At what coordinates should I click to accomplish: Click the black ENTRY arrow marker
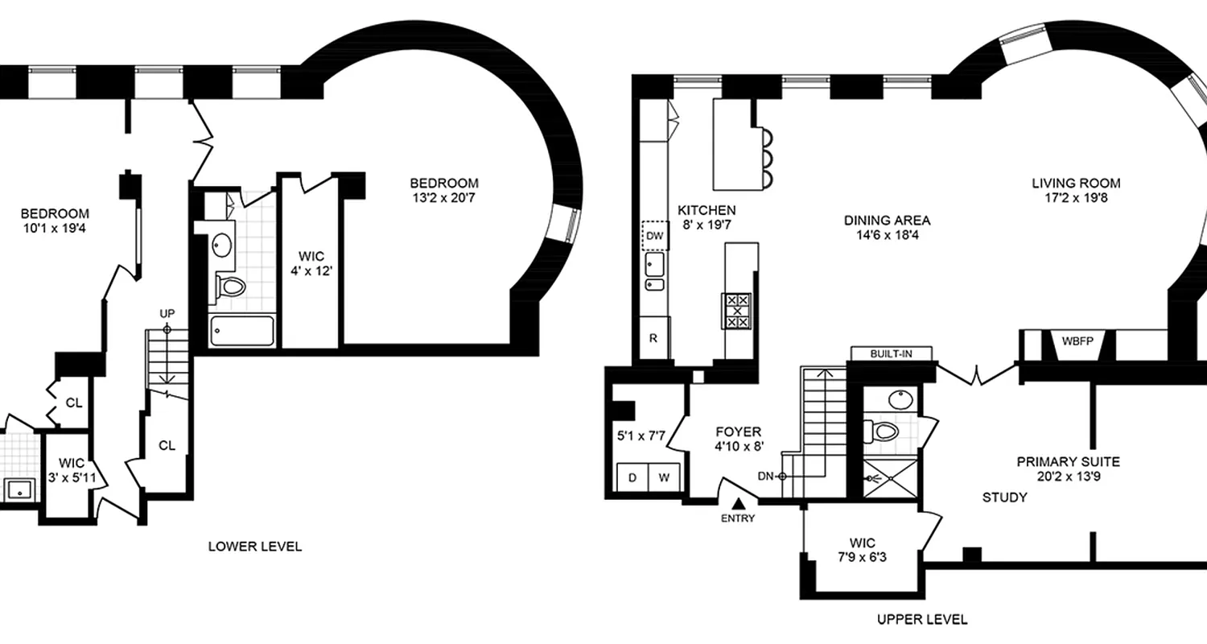click(x=737, y=503)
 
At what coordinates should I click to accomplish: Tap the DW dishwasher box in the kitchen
click(x=654, y=236)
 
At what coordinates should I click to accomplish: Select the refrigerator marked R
click(x=654, y=339)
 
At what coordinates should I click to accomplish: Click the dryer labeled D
click(x=632, y=477)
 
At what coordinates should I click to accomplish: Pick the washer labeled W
click(x=665, y=477)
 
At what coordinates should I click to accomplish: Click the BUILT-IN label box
click(x=892, y=353)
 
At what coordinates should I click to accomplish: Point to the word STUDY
click(x=1004, y=497)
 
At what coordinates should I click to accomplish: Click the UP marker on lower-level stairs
click(x=167, y=314)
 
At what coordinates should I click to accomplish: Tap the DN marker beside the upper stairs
click(x=767, y=476)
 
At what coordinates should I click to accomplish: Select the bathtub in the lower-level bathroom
click(x=241, y=331)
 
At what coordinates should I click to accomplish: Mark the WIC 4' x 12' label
click(x=311, y=264)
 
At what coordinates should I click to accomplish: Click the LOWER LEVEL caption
click(x=255, y=547)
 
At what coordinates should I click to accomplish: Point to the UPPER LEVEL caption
click(x=922, y=619)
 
